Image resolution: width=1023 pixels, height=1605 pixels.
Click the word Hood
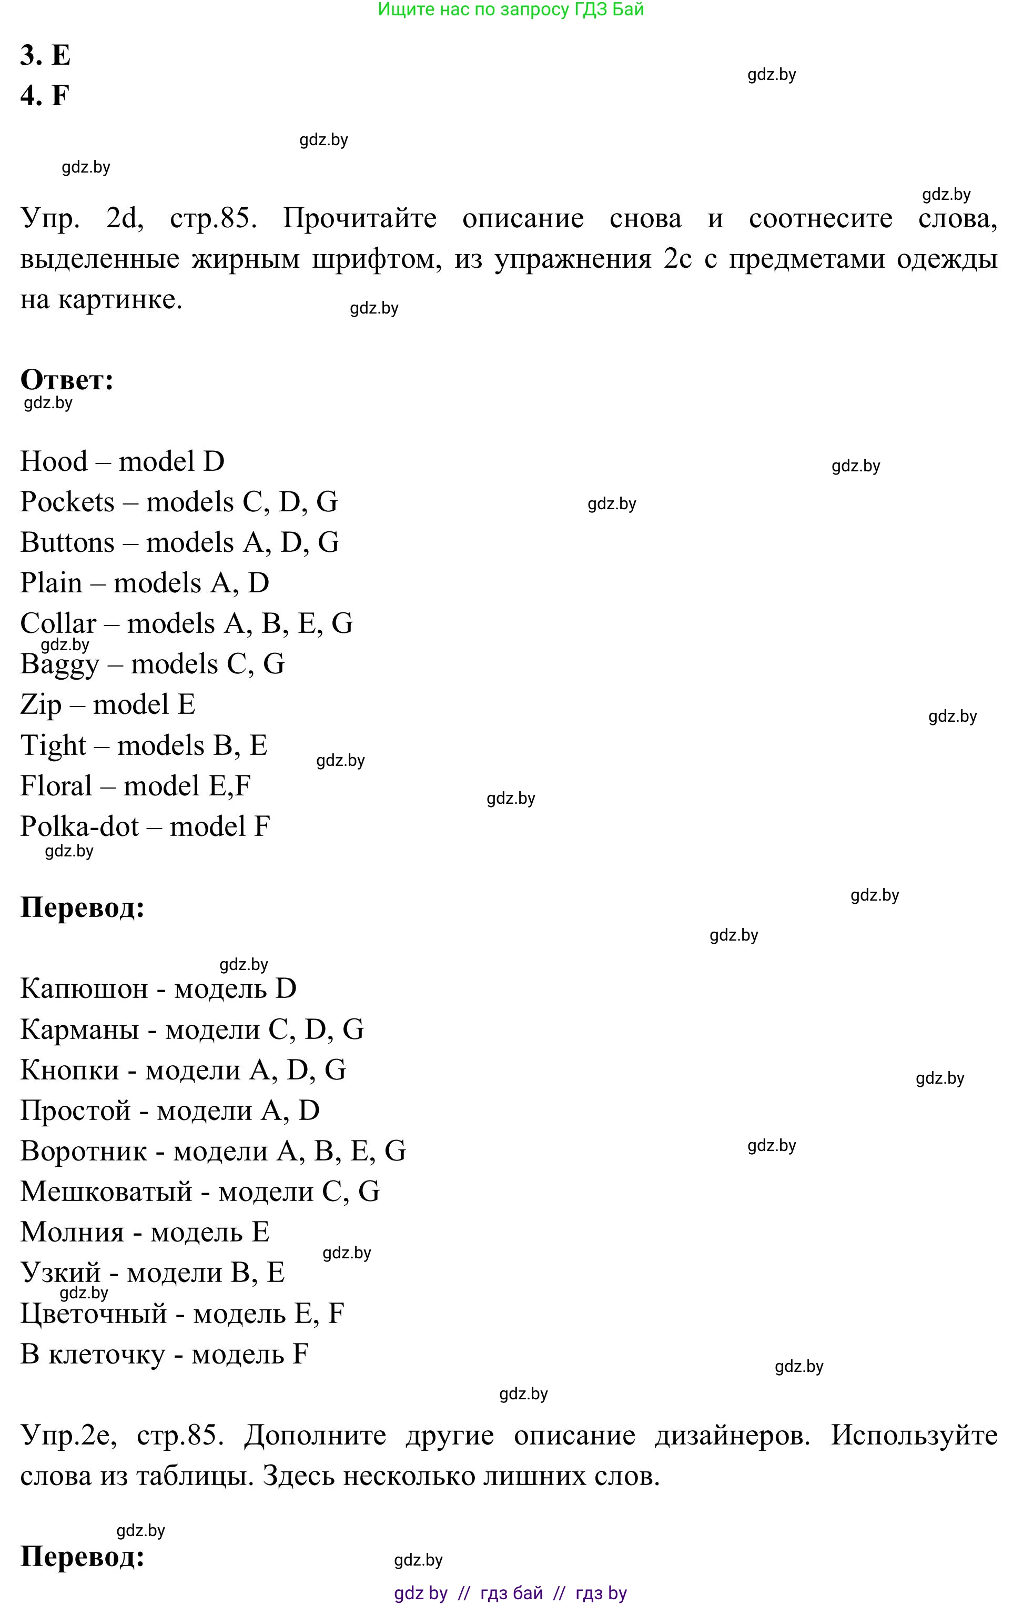[x=54, y=461]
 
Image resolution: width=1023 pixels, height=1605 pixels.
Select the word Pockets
[x=67, y=502]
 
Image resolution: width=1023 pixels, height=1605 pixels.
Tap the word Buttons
[x=67, y=542]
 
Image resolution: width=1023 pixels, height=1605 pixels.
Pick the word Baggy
[x=60, y=664]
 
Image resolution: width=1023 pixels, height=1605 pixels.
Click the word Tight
[x=53, y=746]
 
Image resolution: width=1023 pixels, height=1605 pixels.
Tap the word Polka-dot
[x=80, y=827]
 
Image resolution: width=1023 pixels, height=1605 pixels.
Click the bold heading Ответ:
[x=67, y=380]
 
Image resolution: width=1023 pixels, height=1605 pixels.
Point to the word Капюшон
[x=84, y=988]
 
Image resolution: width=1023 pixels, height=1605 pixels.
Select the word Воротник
[x=84, y=1151]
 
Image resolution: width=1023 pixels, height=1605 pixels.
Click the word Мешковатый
[x=107, y=1192]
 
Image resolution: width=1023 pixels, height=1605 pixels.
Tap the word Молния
[x=73, y=1233]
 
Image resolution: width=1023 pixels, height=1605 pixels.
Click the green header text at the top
[x=511, y=9]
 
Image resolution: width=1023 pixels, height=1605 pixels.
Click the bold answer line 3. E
[x=45, y=55]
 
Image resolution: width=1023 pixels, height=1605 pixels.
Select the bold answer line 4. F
[x=45, y=95]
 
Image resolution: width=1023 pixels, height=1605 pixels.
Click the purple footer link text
[x=511, y=1593]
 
